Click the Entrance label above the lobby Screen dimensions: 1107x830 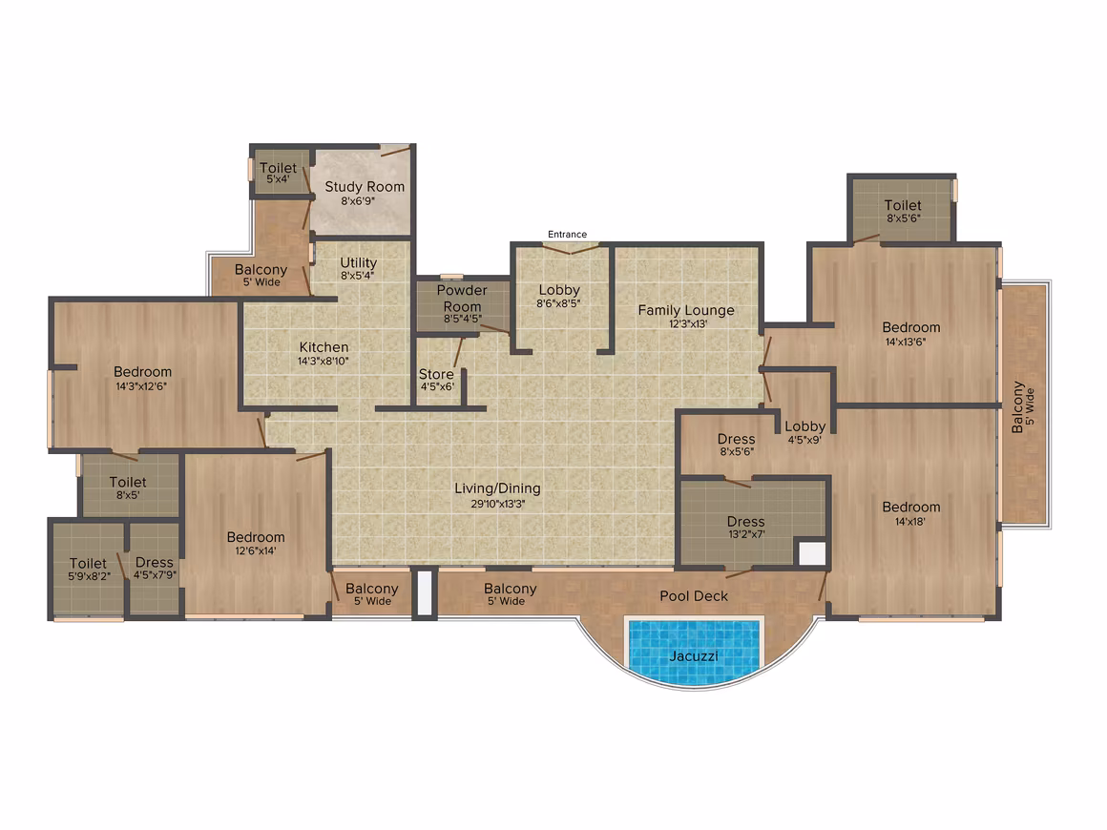pos(567,235)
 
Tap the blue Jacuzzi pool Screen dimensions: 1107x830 pos(695,653)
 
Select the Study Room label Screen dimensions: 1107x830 pos(365,187)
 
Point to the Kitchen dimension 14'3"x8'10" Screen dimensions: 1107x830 pos(324,362)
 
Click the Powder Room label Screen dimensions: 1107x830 pos(462,299)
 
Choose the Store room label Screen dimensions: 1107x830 pos(436,375)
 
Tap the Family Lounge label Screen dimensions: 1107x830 pos(686,311)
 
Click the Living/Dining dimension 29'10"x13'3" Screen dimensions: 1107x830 pos(498,504)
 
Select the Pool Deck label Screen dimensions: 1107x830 pos(693,596)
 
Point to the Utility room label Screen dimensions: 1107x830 pos(358,263)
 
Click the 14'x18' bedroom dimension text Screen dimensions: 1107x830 pos(910,522)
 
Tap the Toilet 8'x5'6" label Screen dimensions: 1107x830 pos(903,205)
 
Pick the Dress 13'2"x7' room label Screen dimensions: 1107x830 pos(746,522)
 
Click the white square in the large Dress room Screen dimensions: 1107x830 pos(811,553)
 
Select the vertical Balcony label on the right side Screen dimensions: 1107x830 pos(1017,407)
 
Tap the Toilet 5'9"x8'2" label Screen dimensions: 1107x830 pos(88,564)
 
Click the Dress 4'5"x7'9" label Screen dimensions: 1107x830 pos(154,563)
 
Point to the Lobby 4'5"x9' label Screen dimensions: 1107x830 pos(804,427)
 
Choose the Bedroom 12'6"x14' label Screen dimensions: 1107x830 pos(256,538)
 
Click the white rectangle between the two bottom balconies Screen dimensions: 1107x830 pos(425,593)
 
